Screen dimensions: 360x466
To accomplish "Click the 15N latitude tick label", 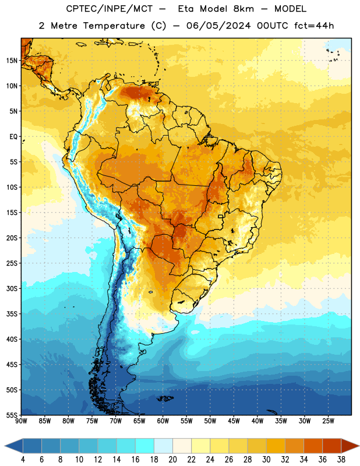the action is pos(12,61).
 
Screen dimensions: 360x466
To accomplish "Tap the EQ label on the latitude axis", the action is pos(13,137).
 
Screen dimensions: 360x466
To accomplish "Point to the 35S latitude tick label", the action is pos(12,314).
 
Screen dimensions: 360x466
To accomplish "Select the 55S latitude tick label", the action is pos(12,415).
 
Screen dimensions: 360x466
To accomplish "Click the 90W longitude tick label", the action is pos(21,421).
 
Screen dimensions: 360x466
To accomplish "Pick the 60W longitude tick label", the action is pos(163,421).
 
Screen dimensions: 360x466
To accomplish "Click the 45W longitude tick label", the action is pos(234,421).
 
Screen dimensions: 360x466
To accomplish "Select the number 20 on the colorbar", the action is pos(172,460).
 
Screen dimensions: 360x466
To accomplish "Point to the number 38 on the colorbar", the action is pos(341,460).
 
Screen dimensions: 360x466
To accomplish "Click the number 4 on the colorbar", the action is pos(23,460).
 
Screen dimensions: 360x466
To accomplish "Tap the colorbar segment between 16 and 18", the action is pos(145,446).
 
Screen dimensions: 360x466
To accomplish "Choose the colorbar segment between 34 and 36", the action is pos(313,446).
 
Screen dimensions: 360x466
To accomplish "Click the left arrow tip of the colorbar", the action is pos(5,446).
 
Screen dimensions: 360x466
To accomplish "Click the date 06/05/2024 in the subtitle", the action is pos(218,26).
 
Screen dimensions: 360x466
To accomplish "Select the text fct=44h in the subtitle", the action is pos(314,26).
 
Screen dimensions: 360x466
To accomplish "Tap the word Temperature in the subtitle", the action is pos(114,26).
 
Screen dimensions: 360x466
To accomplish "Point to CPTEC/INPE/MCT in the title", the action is pos(110,9).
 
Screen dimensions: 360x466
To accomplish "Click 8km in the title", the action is pos(243,9).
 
